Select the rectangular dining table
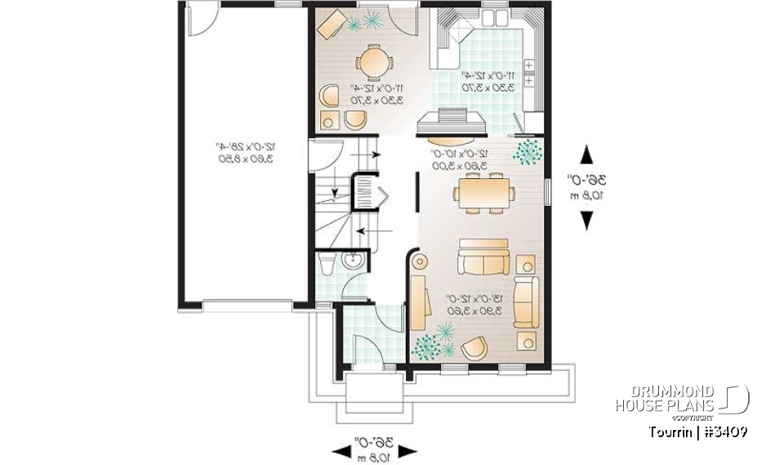coord(485,193)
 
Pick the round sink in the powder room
coord(354,262)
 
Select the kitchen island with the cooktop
coord(452,121)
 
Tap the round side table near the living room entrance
coord(420,262)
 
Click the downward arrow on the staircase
coord(334,193)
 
